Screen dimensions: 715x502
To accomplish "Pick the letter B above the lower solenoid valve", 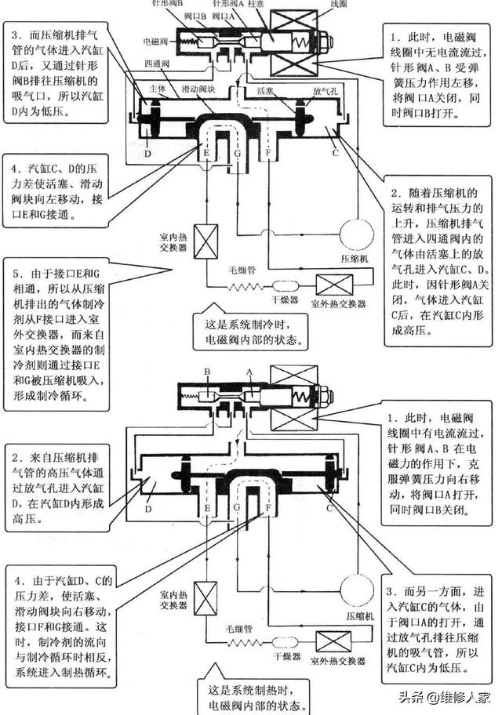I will coord(207,370).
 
